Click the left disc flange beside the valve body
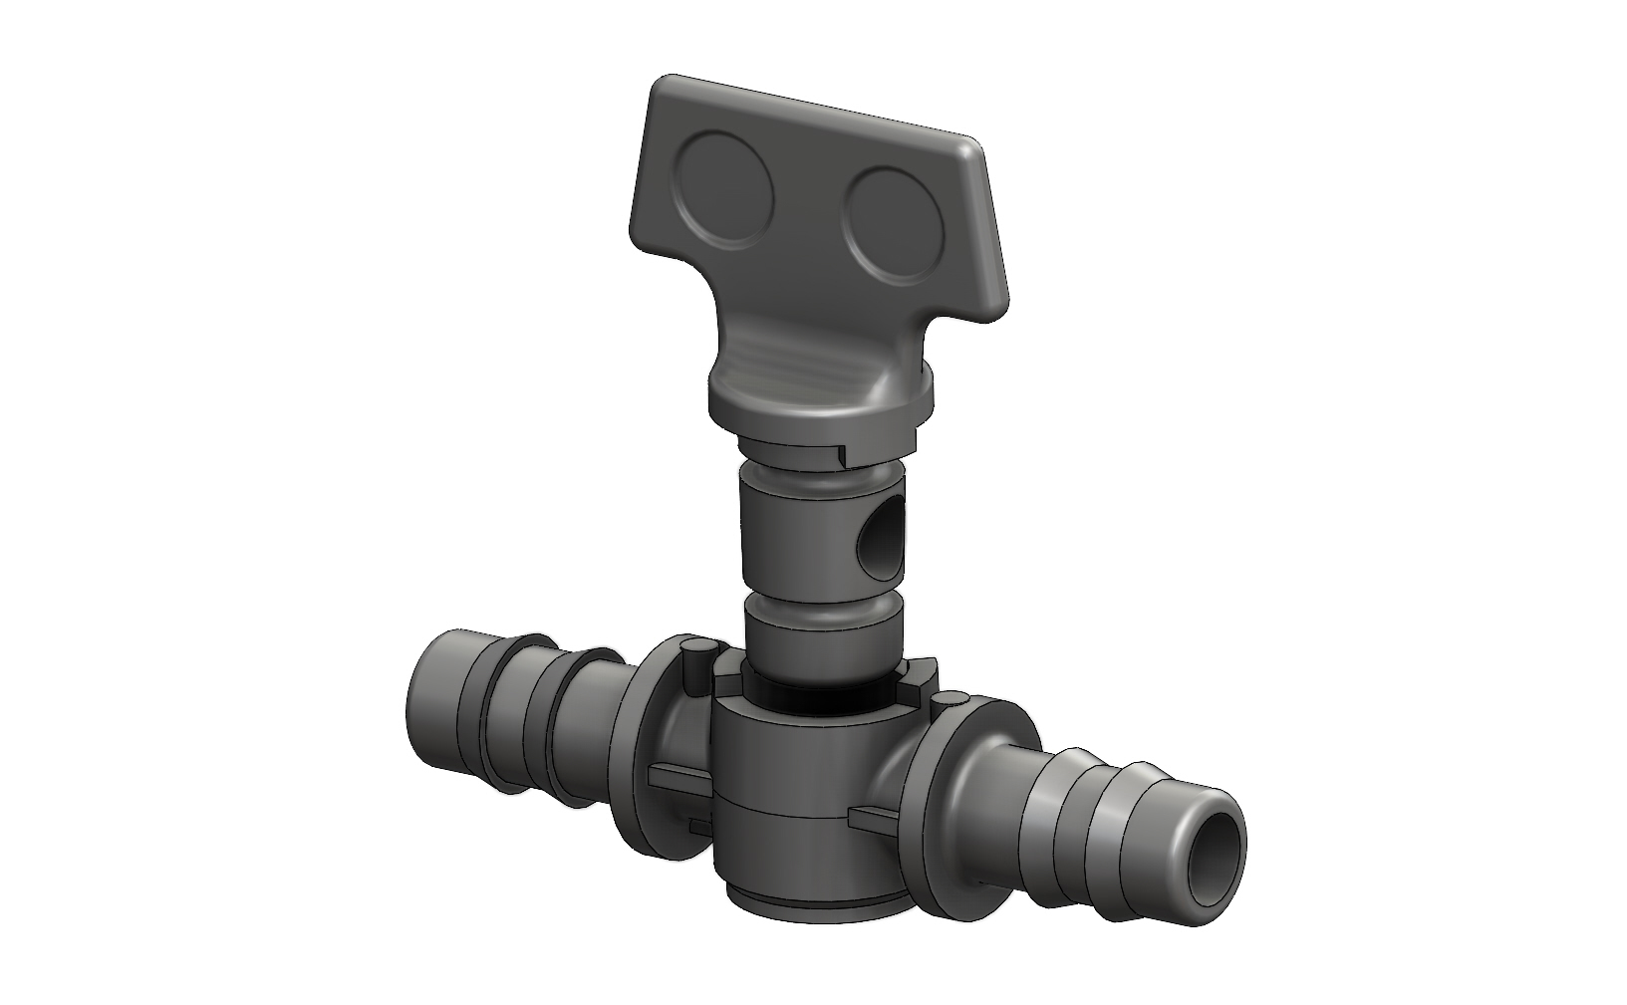[x=648, y=737]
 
